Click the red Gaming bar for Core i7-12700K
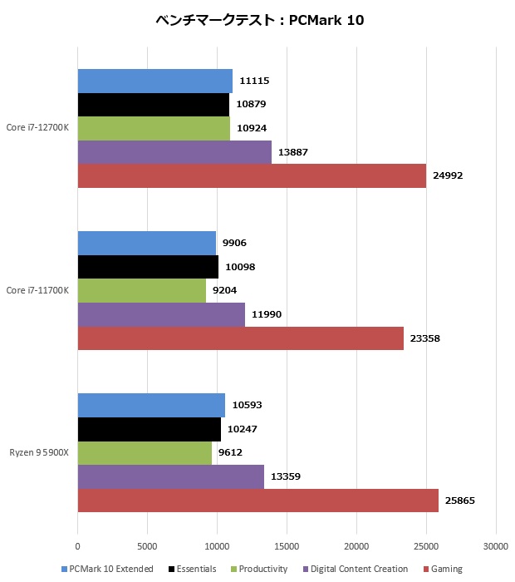(252, 176)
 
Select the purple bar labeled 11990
(161, 314)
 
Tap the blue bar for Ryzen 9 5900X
(151, 405)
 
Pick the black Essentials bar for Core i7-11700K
(148, 267)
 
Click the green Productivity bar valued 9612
(145, 453)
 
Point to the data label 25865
(459, 501)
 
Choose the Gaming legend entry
(443, 569)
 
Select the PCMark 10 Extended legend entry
(107, 569)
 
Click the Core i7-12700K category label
(37, 128)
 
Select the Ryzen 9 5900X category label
(39, 453)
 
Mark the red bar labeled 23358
(241, 338)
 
